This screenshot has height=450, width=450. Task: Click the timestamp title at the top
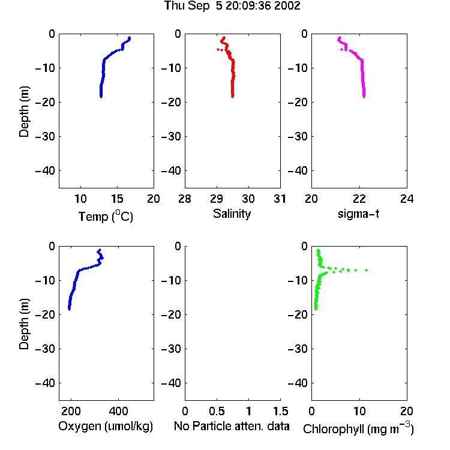232,5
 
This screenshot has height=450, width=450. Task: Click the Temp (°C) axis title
106,216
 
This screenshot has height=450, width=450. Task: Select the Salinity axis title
232,214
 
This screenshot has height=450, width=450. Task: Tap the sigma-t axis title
358,214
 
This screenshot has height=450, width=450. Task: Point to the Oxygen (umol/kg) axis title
106,426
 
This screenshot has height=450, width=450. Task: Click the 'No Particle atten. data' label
232,426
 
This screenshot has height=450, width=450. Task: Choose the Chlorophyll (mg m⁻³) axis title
358,428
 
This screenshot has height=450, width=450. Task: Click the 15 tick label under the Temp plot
117,199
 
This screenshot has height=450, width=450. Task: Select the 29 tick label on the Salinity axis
217,199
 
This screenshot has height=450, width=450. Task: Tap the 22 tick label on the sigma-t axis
359,199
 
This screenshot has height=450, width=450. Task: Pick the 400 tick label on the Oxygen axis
118,411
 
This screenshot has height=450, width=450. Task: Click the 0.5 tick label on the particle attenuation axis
217,411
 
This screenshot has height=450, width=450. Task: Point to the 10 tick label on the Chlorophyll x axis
359,411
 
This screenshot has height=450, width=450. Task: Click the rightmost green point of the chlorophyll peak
366,270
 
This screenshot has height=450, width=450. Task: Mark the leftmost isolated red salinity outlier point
218,50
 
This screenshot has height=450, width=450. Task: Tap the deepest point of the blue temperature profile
101,97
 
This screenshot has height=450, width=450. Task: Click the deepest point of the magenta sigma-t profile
364,97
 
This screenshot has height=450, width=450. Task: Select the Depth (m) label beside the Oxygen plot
24,324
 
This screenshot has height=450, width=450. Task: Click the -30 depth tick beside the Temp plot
45,136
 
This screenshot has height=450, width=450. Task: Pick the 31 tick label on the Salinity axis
280,199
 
